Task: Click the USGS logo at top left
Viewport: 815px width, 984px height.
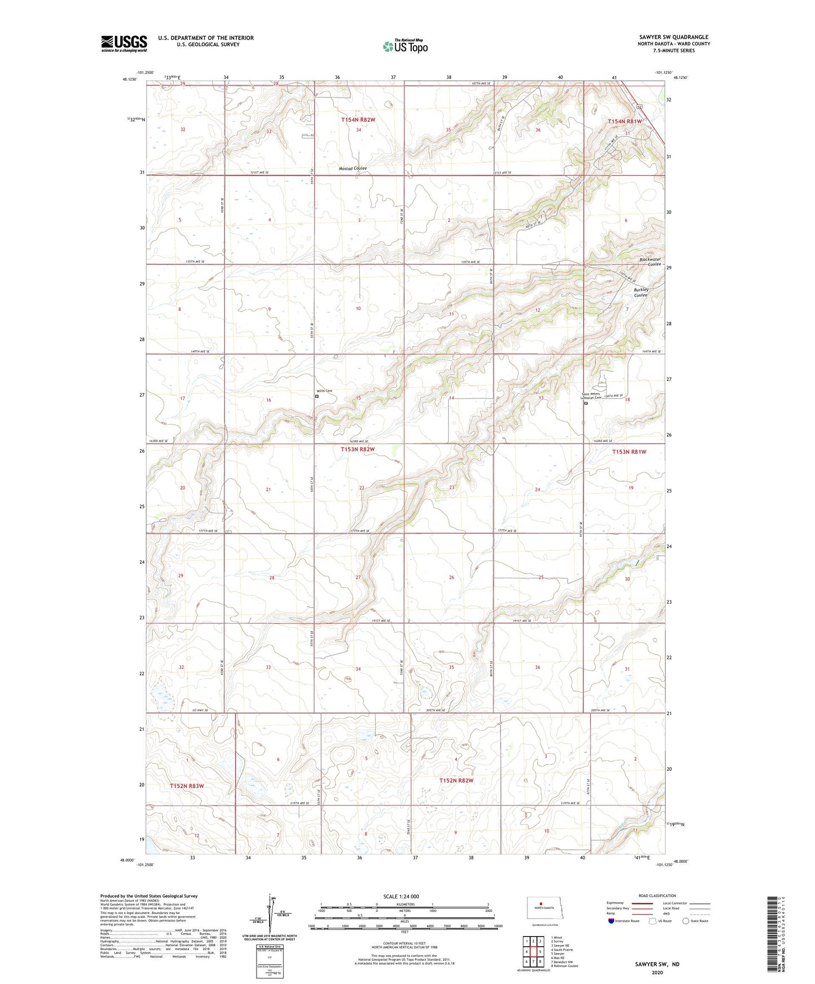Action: pos(124,43)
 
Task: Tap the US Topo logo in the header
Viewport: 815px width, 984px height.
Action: pos(405,46)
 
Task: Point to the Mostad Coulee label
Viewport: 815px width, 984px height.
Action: pos(353,169)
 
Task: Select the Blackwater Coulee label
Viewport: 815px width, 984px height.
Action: pos(650,261)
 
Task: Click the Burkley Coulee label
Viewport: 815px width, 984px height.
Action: pos(641,292)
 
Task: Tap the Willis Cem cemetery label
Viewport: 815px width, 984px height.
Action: pos(324,391)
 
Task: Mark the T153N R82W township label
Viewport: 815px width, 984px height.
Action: pos(358,449)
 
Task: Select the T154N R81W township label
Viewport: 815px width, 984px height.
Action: pos(624,122)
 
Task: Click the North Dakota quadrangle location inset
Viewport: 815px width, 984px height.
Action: pos(544,909)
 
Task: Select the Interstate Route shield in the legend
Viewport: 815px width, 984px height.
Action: pos(611,921)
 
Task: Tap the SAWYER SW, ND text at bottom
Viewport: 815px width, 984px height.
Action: pos(657,964)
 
